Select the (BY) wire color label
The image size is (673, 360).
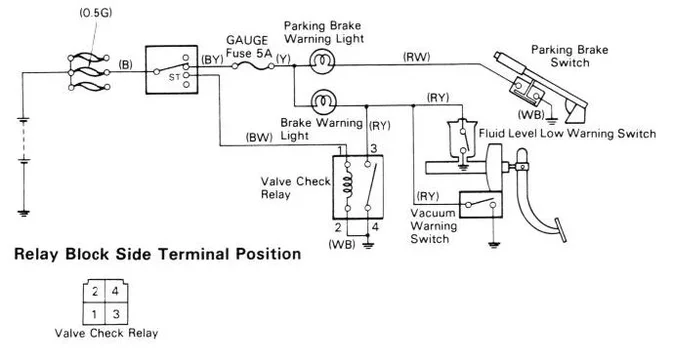tap(213, 60)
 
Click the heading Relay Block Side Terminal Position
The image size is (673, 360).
tap(157, 254)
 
